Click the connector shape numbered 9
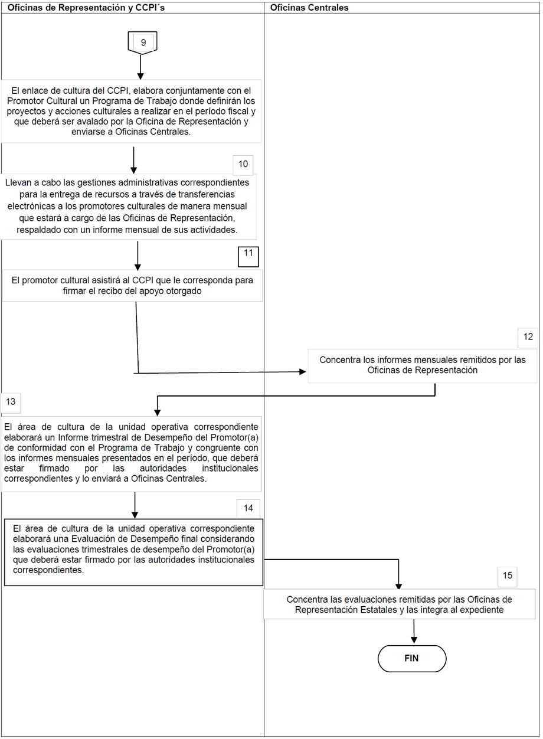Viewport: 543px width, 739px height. [x=142, y=43]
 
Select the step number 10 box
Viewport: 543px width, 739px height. [x=243, y=164]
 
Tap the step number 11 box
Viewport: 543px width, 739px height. [x=248, y=256]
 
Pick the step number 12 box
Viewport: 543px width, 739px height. [x=528, y=337]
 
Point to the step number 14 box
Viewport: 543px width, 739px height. [x=248, y=508]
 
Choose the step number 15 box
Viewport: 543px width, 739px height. [x=508, y=575]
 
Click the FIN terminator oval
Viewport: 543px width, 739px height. [x=412, y=658]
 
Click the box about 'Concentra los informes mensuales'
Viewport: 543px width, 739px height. [x=422, y=365]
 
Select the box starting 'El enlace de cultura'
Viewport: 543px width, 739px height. [x=132, y=111]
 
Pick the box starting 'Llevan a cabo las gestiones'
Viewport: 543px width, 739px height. [x=127, y=207]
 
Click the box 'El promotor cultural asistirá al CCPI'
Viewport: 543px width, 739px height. [x=133, y=286]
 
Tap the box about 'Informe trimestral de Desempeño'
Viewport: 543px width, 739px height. [x=131, y=452]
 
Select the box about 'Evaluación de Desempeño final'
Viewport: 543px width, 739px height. [x=133, y=552]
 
